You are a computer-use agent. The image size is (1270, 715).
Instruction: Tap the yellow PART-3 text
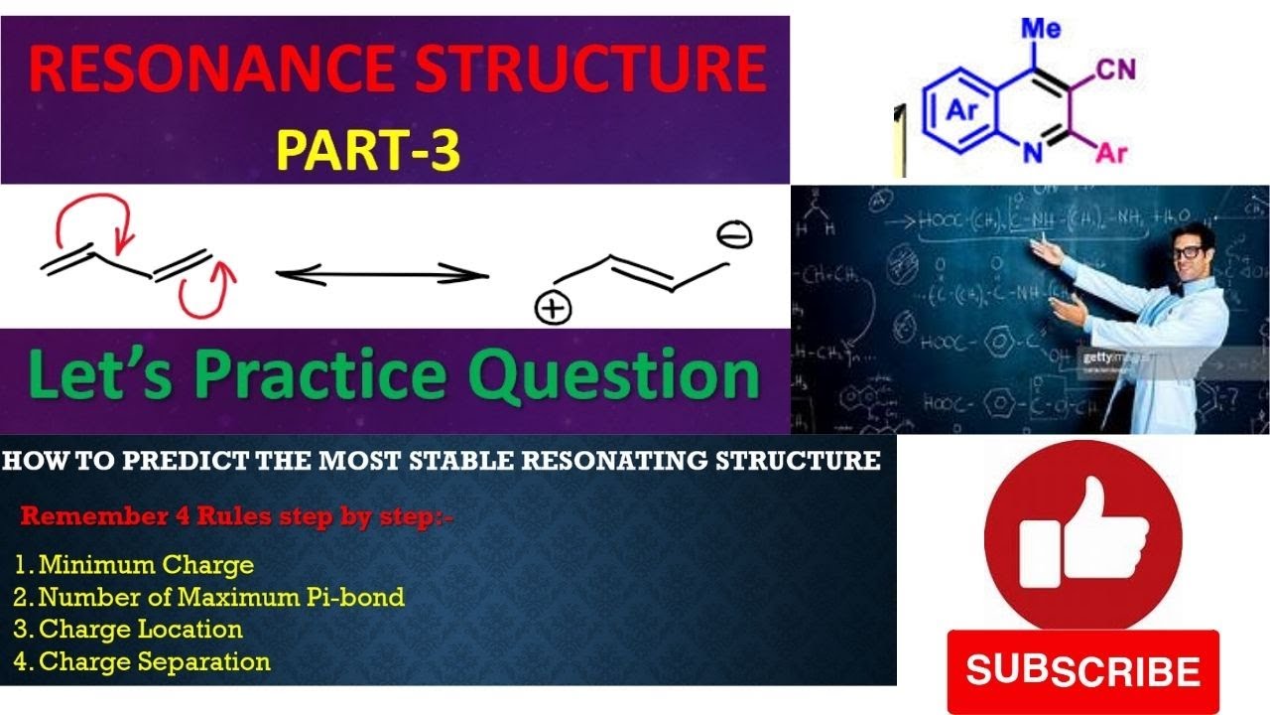coord(368,151)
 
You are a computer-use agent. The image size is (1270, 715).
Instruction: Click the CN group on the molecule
coord(1116,71)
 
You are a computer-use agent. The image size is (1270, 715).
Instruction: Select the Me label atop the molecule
coord(1041,29)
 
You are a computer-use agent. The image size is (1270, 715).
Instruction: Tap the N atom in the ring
coord(1032,153)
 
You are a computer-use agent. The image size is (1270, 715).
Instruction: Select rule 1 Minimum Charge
coord(135,566)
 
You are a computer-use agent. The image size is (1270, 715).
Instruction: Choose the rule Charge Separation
coord(143,661)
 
